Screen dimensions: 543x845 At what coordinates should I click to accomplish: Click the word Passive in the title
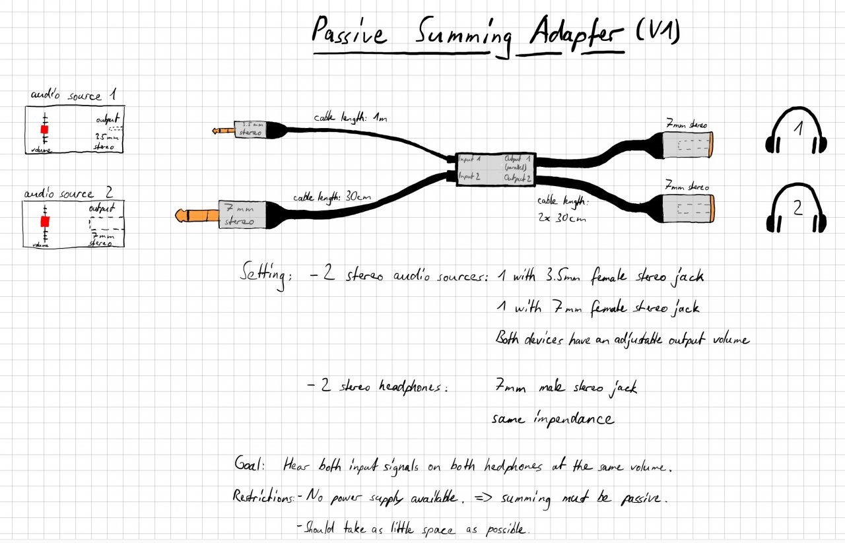click(350, 33)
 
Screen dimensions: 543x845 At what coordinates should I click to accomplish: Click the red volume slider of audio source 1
click(45, 130)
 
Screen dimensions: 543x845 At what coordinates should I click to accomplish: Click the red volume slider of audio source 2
click(45, 221)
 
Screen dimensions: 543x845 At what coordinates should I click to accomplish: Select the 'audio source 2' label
click(69, 193)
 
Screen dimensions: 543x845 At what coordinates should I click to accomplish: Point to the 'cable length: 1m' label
click(351, 119)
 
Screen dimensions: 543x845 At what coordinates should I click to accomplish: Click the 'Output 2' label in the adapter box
click(518, 178)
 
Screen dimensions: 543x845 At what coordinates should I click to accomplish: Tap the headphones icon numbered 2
click(797, 208)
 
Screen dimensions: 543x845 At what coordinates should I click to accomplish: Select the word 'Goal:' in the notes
click(250, 464)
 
